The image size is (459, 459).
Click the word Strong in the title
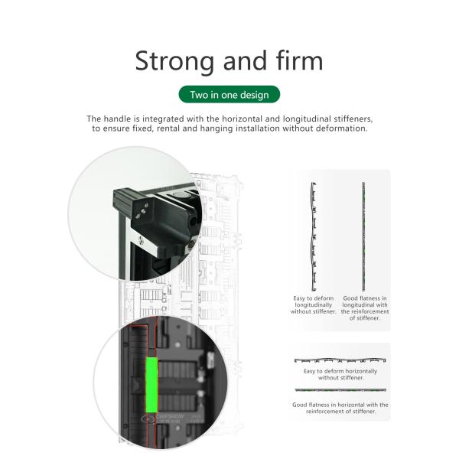[x=174, y=61]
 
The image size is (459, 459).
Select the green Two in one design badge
[x=229, y=95]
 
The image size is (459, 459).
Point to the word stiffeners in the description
[x=353, y=119]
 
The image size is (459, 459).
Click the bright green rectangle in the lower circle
[x=151, y=384]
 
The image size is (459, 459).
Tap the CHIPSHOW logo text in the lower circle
[x=170, y=416]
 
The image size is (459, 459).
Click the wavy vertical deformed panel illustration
[x=314, y=236]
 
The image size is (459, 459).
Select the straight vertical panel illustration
[x=363, y=236]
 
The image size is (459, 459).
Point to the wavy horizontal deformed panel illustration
[x=340, y=360]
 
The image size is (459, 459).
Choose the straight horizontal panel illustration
[x=340, y=390]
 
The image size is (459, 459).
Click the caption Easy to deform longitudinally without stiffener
[x=313, y=304]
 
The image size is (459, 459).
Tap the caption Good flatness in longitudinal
[x=365, y=308]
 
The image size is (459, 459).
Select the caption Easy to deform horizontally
[x=340, y=374]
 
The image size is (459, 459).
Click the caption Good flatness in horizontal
[x=340, y=408]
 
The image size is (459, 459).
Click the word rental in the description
[x=168, y=129]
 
